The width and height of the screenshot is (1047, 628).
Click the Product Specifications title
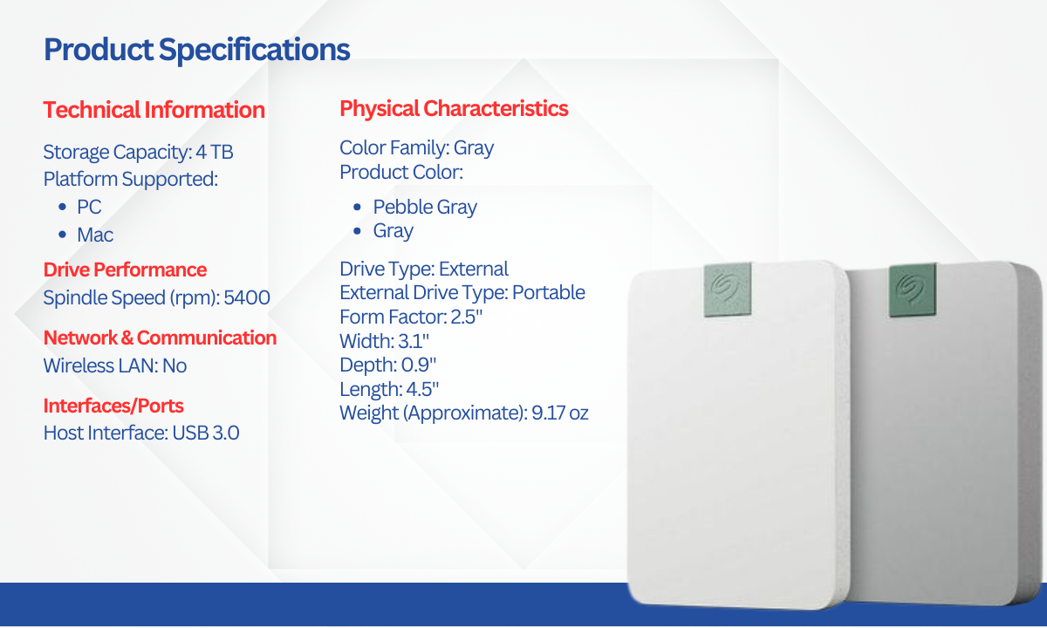[197, 50]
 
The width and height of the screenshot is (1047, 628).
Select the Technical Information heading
[154, 110]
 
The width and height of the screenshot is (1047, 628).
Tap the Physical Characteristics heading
[454, 108]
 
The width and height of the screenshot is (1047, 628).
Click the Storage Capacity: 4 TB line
[139, 152]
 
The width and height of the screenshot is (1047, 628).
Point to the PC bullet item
[89, 207]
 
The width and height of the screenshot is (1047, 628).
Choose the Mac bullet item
[95, 235]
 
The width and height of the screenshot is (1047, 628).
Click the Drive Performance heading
[126, 270]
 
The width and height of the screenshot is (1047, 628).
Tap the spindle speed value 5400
[247, 297]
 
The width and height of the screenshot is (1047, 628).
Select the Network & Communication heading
[161, 338]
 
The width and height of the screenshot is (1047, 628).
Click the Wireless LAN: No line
[115, 365]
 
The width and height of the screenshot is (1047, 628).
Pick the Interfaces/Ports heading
[113, 406]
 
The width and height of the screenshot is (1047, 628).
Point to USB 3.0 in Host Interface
[206, 433]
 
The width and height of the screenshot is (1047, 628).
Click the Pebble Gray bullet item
[425, 207]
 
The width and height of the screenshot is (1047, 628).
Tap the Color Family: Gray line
[416, 147]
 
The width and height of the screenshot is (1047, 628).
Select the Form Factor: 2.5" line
[411, 317]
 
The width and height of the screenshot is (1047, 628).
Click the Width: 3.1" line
[384, 341]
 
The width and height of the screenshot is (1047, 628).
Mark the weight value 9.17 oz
[560, 413]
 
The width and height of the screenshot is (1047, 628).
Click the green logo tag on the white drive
[728, 290]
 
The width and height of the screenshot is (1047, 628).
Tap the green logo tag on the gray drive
[913, 290]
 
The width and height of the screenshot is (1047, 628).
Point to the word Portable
[549, 292]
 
